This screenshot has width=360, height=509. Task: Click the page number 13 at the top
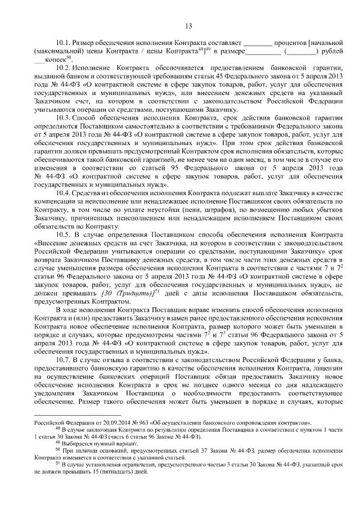click(188, 25)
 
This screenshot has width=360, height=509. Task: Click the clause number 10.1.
click(64, 43)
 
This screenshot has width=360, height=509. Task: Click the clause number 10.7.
click(64, 358)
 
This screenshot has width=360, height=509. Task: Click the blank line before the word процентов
click(258, 43)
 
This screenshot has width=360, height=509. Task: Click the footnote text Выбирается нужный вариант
click(91, 444)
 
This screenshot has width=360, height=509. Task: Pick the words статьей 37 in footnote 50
click(187, 451)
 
